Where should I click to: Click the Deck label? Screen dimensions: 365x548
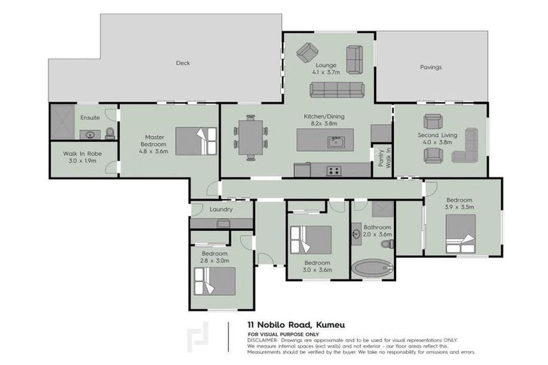click(183, 63)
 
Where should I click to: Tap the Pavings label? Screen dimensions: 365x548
click(430, 67)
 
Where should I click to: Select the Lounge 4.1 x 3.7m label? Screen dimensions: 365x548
click(325, 68)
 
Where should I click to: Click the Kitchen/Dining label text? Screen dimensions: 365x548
click(325, 119)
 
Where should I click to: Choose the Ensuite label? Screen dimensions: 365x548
click(91, 117)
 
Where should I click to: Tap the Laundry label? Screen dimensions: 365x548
click(222, 210)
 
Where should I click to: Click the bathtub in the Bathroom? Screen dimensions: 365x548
click(372, 269)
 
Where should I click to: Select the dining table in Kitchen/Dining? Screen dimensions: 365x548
click(250, 137)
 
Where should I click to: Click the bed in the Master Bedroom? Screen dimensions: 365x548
click(196, 140)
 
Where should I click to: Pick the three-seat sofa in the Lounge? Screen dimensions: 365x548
click(338, 90)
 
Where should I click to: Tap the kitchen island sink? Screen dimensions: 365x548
click(335, 141)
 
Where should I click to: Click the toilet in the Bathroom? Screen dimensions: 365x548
click(387, 244)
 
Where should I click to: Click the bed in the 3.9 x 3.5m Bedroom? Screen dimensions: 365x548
click(461, 233)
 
